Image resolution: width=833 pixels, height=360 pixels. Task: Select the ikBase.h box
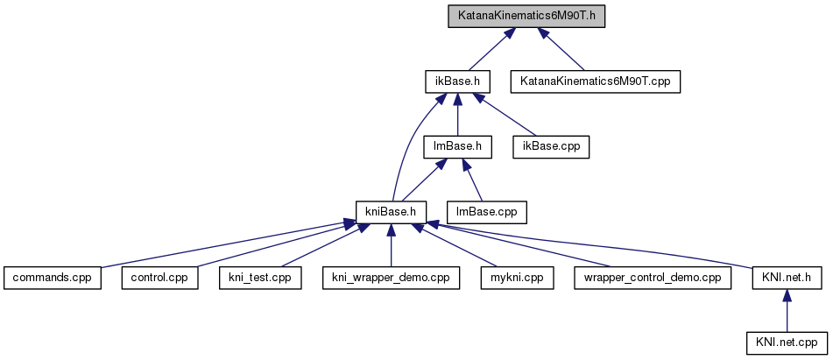(456, 81)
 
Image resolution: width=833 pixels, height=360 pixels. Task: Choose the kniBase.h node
(392, 211)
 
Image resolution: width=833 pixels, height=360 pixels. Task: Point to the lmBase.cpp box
(488, 211)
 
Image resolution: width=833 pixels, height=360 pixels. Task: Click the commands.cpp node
(52, 278)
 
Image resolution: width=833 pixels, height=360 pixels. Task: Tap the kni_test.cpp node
(259, 278)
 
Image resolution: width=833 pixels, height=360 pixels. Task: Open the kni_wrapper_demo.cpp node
(391, 278)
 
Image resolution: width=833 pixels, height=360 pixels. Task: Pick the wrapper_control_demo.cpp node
(652, 278)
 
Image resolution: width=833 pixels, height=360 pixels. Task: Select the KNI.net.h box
(787, 278)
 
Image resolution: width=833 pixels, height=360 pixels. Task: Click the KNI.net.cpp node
(787, 342)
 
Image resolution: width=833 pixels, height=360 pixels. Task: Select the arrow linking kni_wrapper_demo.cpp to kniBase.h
(392, 245)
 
